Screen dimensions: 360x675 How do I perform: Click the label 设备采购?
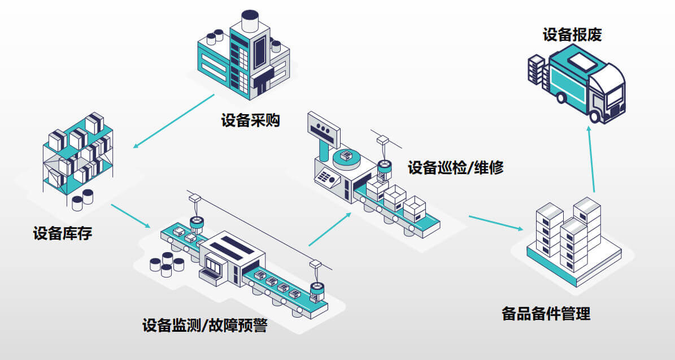click(250, 120)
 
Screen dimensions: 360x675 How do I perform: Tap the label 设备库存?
click(62, 233)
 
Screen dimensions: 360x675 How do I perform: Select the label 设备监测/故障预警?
click(204, 326)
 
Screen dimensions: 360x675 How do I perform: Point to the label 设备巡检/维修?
click(455, 167)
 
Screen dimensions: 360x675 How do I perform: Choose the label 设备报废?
click(572, 35)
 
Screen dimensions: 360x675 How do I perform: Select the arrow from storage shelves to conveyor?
click(131, 216)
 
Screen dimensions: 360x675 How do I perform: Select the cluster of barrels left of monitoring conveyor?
click(167, 264)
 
